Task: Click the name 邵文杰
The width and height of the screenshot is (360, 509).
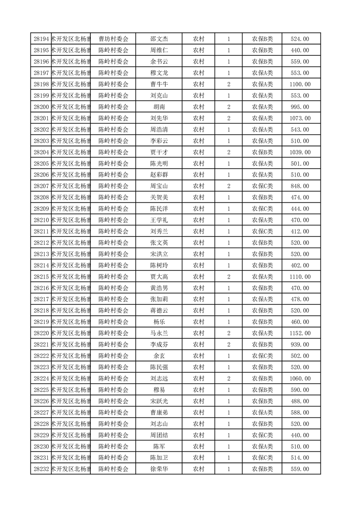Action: pos(159,39)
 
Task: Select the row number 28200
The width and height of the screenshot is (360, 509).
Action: pos(41,107)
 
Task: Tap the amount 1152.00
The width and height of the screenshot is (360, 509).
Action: pos(300,333)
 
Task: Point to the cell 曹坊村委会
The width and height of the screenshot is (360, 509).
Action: pos(113,39)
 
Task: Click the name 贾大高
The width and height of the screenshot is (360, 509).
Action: pos(159,277)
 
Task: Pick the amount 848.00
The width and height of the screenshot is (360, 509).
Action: pos(300,186)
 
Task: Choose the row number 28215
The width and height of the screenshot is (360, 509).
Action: pos(41,277)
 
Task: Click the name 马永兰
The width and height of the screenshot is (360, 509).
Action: pos(159,333)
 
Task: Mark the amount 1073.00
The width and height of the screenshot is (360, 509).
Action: pos(300,118)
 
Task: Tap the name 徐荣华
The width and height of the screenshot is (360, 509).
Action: pos(159,470)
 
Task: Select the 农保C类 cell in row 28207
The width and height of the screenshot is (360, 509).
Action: pos(262,186)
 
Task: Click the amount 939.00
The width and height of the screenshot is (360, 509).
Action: pos(300,345)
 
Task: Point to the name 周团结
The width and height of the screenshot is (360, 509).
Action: pos(159,436)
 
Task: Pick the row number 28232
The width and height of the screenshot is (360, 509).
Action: pos(41,470)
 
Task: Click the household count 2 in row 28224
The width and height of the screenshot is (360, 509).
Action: pos(228,379)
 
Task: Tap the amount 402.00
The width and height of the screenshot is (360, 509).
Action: pos(300,265)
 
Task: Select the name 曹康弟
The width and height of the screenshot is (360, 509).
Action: pos(159,413)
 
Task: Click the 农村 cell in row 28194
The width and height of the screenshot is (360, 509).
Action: pos(198,39)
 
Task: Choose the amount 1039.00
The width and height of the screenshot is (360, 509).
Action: pos(300,152)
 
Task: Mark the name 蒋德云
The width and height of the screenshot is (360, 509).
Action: pos(159,311)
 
